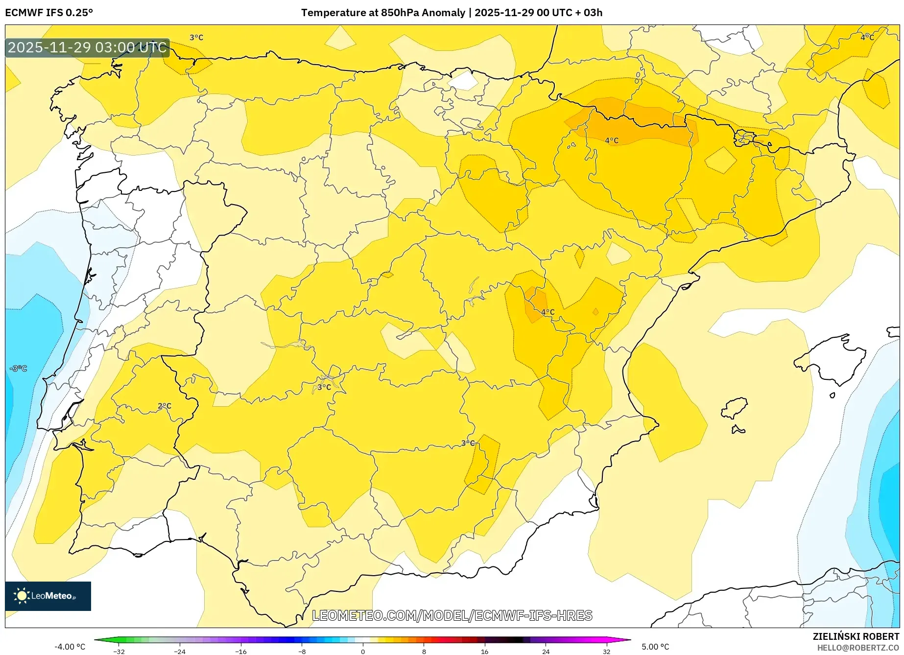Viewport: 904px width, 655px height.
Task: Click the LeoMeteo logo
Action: click(48, 596)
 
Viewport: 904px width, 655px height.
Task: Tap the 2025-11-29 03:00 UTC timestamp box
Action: click(87, 47)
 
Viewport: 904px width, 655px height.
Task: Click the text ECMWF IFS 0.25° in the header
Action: click(49, 13)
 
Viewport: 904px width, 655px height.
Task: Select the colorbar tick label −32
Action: click(119, 652)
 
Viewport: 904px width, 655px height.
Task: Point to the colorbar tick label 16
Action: click(484, 652)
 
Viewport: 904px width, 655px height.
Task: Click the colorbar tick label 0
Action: click(363, 652)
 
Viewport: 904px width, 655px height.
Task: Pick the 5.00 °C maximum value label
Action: click(655, 647)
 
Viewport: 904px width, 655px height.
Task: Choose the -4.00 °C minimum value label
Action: click(70, 647)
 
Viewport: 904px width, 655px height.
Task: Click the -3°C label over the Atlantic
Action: click(19, 368)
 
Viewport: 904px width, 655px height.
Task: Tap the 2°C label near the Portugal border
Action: click(165, 406)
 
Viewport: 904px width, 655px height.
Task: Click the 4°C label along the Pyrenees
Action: click(612, 140)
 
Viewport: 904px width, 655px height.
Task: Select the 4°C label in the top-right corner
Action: click(867, 37)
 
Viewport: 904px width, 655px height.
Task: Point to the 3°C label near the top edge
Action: click(196, 37)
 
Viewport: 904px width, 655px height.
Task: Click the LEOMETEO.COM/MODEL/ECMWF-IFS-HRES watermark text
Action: click(452, 615)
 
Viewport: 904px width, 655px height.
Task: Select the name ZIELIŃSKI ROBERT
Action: click(856, 636)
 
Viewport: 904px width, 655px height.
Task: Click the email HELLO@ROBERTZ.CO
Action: click(857, 648)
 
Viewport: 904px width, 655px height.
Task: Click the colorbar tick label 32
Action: click(606, 652)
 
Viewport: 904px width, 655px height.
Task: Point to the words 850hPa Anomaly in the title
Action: click(423, 13)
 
